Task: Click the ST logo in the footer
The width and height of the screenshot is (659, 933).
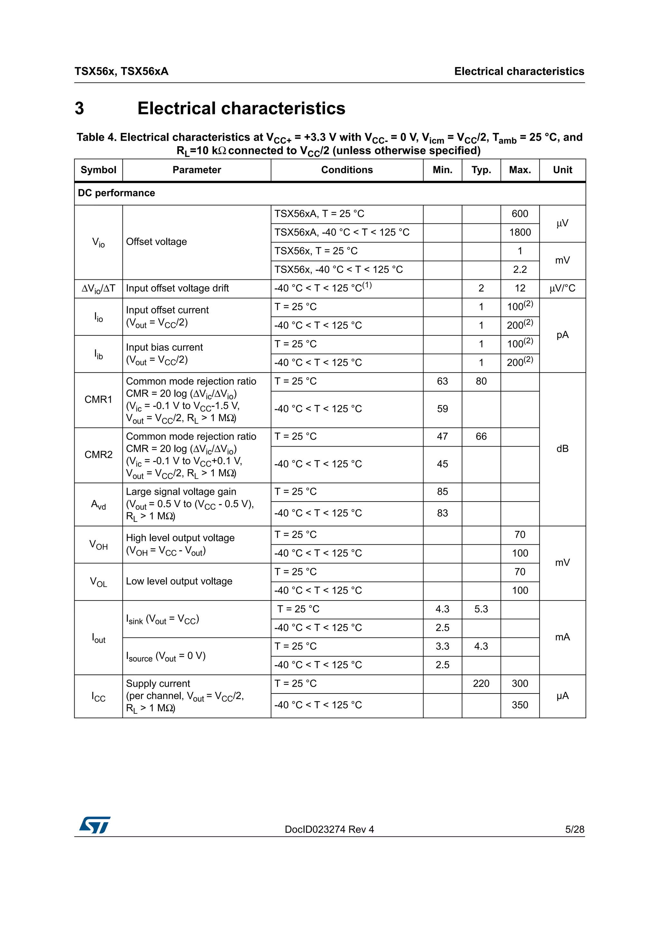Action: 95,825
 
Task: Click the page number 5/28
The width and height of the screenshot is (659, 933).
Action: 574,829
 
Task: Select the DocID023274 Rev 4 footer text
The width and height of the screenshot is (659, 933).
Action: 329,829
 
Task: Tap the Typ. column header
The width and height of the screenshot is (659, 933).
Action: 481,170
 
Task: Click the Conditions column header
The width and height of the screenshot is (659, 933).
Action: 347,170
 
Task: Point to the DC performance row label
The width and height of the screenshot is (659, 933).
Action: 116,193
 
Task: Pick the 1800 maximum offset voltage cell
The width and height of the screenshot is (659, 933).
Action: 520,232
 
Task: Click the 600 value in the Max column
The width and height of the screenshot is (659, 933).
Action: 520,214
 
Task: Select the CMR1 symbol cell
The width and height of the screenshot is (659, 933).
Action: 98,400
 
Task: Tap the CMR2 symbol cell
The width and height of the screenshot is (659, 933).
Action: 98,455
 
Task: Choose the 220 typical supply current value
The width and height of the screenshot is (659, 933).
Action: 481,683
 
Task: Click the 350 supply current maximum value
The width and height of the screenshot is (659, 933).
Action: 520,705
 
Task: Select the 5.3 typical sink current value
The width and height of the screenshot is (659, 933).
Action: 481,609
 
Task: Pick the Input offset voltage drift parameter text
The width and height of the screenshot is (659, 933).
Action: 177,288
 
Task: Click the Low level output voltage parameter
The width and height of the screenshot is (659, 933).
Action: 179,581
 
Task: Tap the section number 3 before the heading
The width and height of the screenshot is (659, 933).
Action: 79,108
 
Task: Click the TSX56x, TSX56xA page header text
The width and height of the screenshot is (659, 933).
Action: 121,71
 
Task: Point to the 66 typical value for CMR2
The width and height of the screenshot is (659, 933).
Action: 481,437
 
